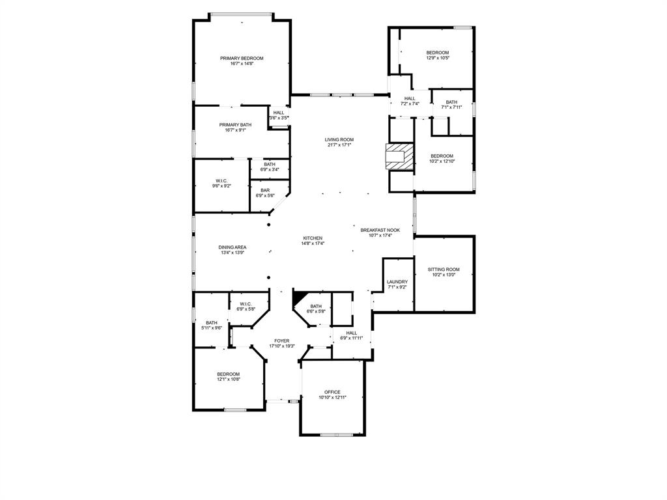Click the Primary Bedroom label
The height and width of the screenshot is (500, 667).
(242, 58)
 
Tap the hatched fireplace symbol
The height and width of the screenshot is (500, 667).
(399, 157)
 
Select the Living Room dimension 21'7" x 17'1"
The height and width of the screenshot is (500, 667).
(339, 145)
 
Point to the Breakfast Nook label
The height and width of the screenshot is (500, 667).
(380, 230)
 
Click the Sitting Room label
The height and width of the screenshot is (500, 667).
(444, 270)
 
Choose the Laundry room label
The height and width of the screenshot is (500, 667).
(397, 282)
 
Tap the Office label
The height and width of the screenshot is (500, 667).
(332, 392)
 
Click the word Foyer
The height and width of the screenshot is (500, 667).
(281, 340)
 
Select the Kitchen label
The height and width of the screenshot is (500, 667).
(313, 238)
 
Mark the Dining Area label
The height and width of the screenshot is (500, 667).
(232, 247)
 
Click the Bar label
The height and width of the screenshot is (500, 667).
(265, 190)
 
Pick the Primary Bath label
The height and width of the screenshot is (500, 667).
(235, 125)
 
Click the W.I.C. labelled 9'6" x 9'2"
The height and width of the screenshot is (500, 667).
(221, 183)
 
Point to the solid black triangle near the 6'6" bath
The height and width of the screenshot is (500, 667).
(299, 297)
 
